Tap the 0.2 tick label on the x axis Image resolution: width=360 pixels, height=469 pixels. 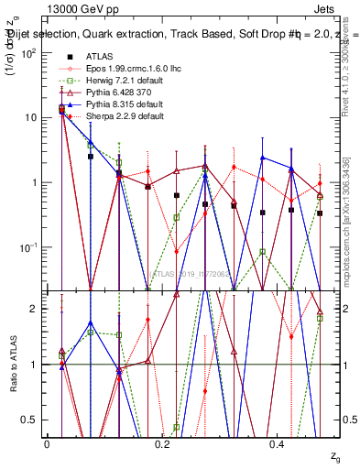(162, 443)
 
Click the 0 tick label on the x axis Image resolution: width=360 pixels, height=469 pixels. (47, 443)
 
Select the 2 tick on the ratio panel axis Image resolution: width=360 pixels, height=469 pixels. (35, 309)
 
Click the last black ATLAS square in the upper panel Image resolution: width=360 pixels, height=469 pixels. (320, 213)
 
